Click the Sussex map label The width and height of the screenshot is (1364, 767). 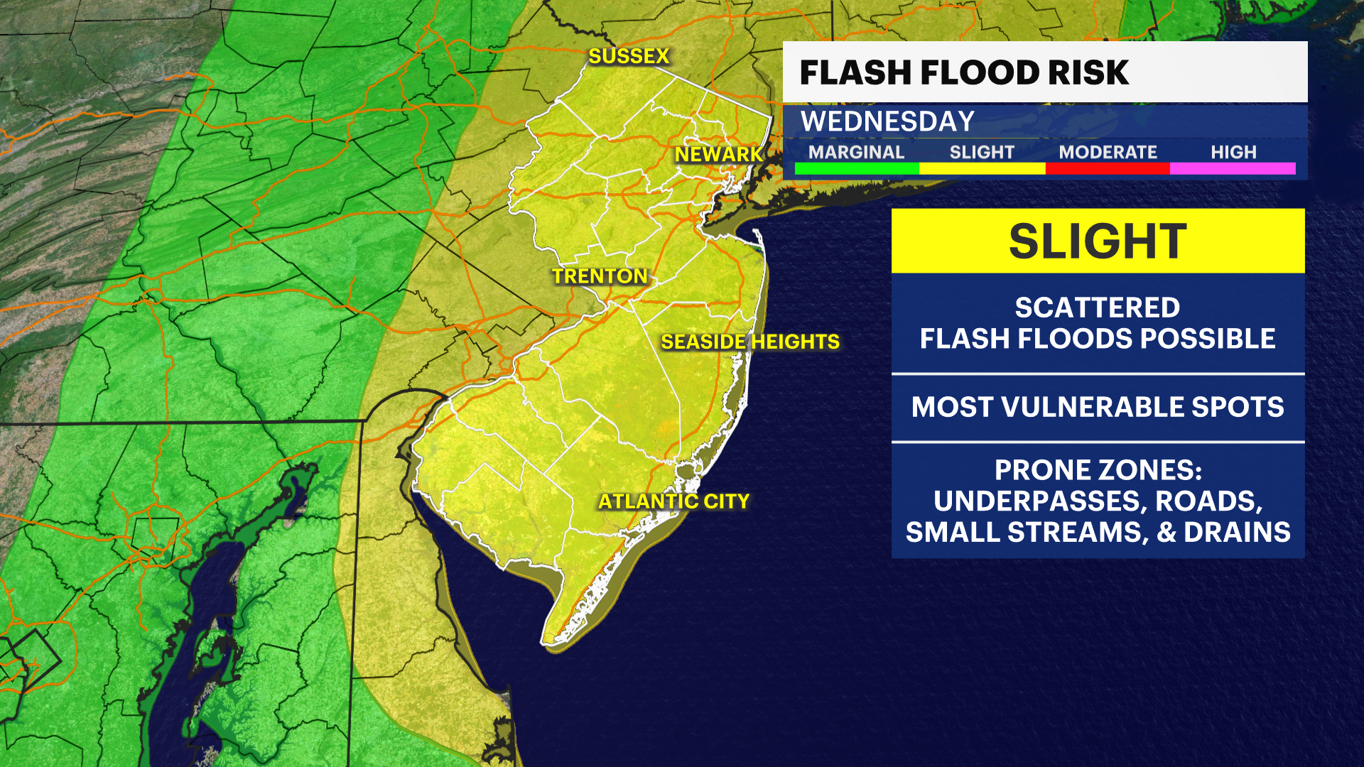click(629, 56)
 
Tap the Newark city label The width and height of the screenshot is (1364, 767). click(718, 154)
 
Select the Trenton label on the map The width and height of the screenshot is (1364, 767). click(600, 276)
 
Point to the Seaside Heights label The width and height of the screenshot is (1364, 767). click(750, 342)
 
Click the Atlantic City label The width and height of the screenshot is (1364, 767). click(673, 501)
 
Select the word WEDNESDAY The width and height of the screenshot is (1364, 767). click(887, 121)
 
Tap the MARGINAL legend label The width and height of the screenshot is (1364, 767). click(856, 152)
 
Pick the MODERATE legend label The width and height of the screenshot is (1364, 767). click(1108, 152)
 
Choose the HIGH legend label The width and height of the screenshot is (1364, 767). click(1233, 152)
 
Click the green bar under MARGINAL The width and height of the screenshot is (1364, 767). click(857, 169)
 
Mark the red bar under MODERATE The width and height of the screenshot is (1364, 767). click(1108, 169)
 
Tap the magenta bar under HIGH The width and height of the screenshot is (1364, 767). click(1233, 169)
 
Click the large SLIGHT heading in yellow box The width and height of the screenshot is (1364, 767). click(1098, 241)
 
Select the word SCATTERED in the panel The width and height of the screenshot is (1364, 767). click(1098, 308)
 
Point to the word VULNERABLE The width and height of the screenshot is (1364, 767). click(1097, 407)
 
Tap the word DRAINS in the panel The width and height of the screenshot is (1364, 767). click(1237, 533)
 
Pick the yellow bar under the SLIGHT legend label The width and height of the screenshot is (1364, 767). click(982, 169)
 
